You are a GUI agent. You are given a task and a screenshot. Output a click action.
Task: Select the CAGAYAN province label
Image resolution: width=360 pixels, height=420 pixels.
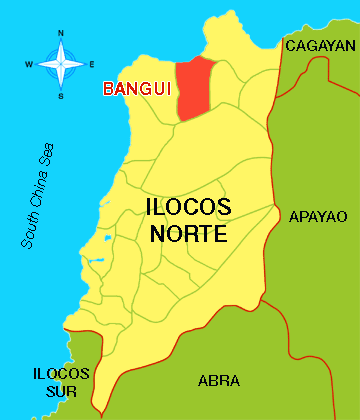[320, 46]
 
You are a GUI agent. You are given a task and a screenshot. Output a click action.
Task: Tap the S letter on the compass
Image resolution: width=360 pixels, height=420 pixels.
[60, 95]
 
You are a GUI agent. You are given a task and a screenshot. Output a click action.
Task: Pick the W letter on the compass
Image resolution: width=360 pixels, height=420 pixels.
[29, 65]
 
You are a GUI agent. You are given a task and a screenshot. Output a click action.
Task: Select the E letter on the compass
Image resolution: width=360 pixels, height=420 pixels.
[91, 65]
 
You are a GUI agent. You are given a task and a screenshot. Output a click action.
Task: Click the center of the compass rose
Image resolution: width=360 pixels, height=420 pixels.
[60, 64]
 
